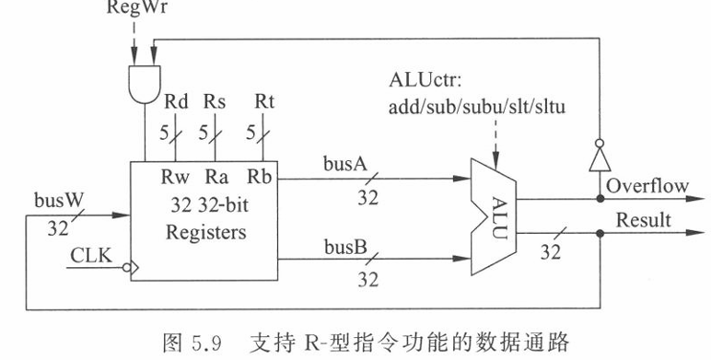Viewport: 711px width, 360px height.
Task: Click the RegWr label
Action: [x=136, y=7]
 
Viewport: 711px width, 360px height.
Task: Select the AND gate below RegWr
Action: [x=145, y=85]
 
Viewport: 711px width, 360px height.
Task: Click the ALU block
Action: [x=494, y=216]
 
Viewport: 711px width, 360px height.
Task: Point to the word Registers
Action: [x=206, y=232]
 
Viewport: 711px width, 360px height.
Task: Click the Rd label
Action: [x=176, y=102]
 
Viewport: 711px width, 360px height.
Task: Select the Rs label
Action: [x=215, y=102]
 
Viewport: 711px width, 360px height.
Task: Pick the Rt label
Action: [x=264, y=102]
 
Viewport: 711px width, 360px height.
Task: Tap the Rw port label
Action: [x=175, y=177]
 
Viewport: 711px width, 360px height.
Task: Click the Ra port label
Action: [x=216, y=177]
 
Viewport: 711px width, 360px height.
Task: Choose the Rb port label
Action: [x=260, y=177]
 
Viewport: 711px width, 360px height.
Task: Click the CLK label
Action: [x=91, y=256]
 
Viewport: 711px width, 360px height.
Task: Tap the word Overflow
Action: [x=647, y=186]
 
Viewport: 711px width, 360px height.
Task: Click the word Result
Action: [x=644, y=220]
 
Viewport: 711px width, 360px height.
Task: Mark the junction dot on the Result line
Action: [x=600, y=234]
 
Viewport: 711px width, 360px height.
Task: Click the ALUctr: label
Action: [x=425, y=80]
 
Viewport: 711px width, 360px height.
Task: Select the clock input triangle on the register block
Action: [x=134, y=268]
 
